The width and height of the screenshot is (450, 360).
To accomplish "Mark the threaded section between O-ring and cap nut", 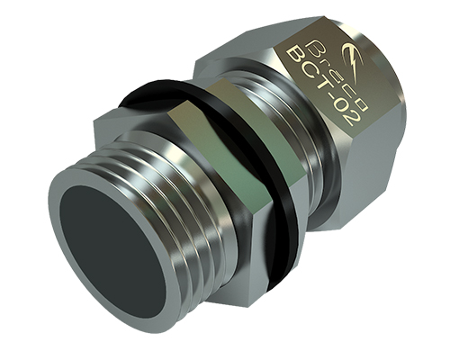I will coord(270,117).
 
